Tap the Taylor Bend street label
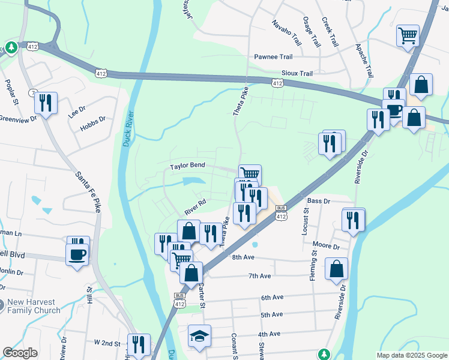point(187,165)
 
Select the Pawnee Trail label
point(273,57)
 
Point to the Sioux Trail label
point(297,73)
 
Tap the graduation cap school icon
point(199,336)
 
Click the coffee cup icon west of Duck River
point(77,255)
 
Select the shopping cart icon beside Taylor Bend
point(250,174)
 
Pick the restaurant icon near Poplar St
point(46,103)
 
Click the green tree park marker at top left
point(11,47)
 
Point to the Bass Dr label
point(319,200)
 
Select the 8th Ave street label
point(244,257)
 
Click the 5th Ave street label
point(271,314)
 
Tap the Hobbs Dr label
point(94,119)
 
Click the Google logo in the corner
point(20,353)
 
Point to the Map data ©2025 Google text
point(411,355)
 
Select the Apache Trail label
point(364,61)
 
